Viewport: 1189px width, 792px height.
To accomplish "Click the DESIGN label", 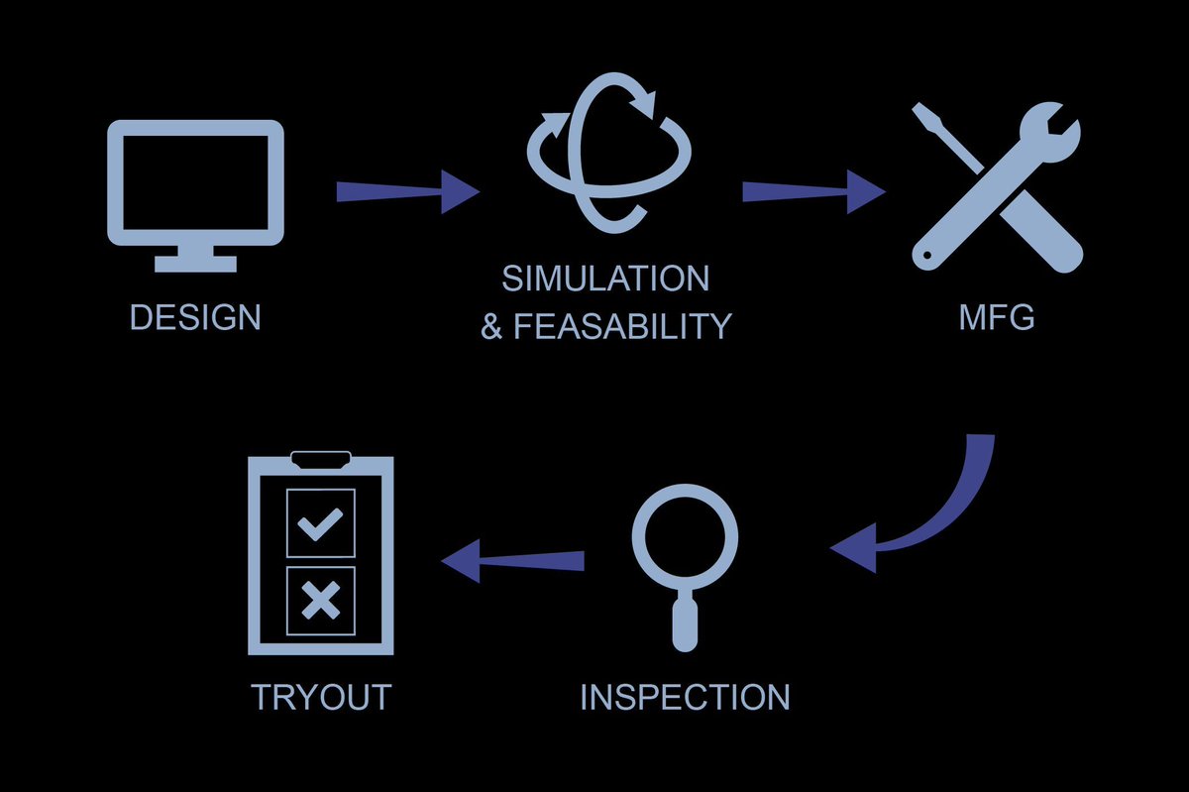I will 195,317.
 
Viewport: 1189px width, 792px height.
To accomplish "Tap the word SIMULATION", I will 605,279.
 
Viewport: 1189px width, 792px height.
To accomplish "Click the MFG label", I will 996,317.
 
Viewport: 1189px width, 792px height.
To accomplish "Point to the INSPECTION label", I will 685,697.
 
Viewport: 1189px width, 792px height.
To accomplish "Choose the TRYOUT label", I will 321,697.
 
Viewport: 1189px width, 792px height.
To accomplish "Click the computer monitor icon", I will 195,183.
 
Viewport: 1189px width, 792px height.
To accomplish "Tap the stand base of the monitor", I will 195,264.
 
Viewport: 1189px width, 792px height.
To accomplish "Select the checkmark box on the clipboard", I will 320,522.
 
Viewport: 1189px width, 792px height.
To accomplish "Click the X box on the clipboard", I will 320,601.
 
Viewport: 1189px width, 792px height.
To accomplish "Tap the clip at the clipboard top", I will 320,459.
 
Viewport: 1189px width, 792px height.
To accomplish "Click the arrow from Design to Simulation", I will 406,190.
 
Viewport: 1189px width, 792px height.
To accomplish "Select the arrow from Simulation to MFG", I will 812,190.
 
